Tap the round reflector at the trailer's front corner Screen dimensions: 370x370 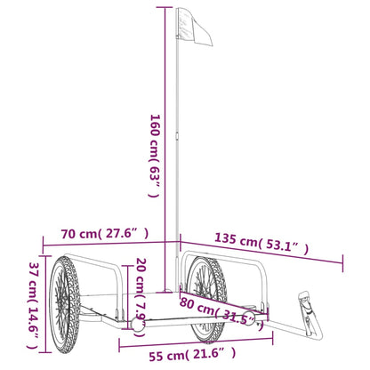[x=140, y=330]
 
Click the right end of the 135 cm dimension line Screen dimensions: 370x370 [x=342, y=261]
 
